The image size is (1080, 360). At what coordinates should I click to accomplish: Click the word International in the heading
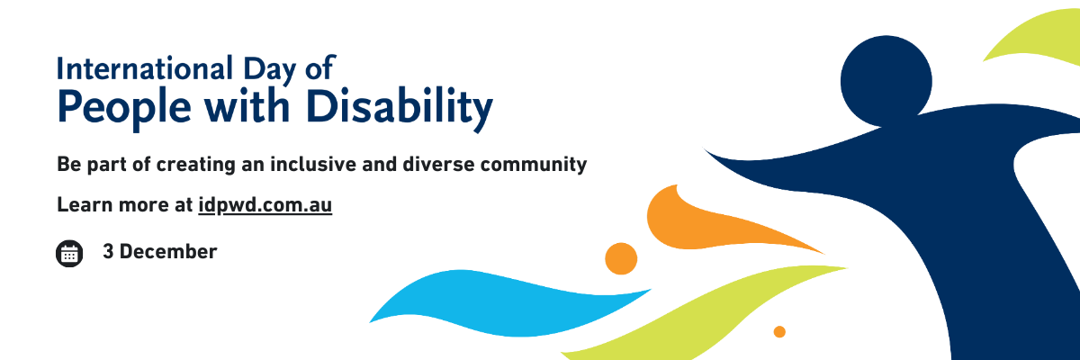tap(145, 68)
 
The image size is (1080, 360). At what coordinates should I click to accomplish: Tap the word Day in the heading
tap(269, 71)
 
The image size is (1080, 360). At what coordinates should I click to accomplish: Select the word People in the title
tap(124, 109)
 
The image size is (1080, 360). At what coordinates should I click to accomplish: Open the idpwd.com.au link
tap(265, 205)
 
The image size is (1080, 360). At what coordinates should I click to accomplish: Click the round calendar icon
tap(69, 254)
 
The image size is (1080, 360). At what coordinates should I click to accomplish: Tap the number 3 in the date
tap(108, 252)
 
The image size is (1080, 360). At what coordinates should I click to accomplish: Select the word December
tap(168, 252)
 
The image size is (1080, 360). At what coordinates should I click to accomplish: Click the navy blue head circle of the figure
tap(886, 81)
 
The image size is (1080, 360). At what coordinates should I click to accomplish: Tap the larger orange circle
tap(621, 259)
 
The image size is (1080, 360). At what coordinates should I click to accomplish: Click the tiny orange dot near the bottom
tap(779, 331)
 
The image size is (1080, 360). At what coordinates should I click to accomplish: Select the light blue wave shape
tap(506, 304)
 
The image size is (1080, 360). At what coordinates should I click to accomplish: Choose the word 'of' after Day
tap(320, 67)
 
